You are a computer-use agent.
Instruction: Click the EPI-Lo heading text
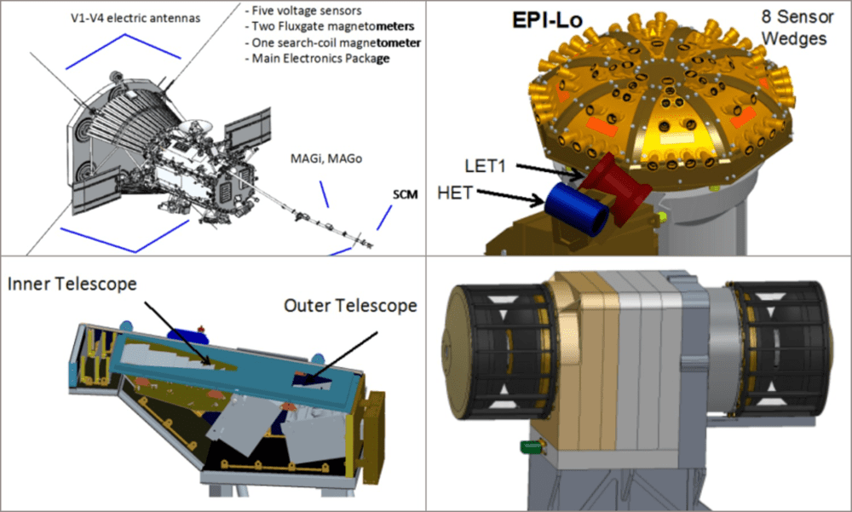[x=547, y=20]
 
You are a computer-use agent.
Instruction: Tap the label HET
[x=455, y=193]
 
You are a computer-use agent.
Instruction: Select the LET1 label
[x=486, y=166]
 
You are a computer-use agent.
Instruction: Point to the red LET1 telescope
[x=617, y=187]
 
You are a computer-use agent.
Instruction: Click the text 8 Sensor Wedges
[x=797, y=28]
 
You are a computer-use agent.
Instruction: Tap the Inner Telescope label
[x=72, y=284]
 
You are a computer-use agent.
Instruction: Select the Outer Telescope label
[x=350, y=306]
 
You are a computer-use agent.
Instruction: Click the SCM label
[x=406, y=194]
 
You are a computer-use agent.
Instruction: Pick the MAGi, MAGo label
[x=326, y=158]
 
